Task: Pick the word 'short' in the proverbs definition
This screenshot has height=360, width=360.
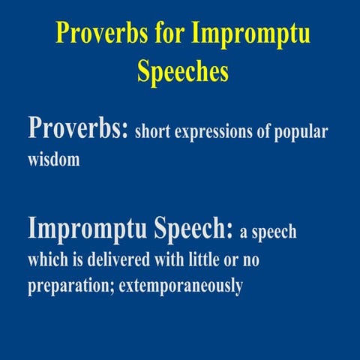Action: [154, 133]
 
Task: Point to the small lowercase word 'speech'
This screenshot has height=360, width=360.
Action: [275, 232]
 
